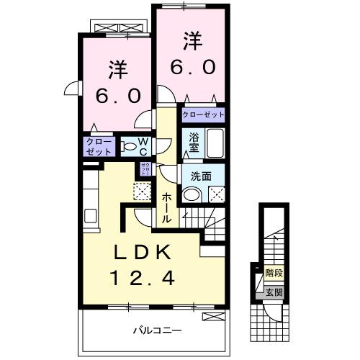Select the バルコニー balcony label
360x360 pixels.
[157, 330]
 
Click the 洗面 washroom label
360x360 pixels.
[201, 175]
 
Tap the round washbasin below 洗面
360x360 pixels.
[192, 194]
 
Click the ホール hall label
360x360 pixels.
[167, 207]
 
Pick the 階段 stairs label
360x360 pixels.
[274, 273]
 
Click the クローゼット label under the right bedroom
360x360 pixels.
[202, 114]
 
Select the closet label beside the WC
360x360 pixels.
[99, 147]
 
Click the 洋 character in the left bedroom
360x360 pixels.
[117, 70]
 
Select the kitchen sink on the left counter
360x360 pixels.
[91, 215]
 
